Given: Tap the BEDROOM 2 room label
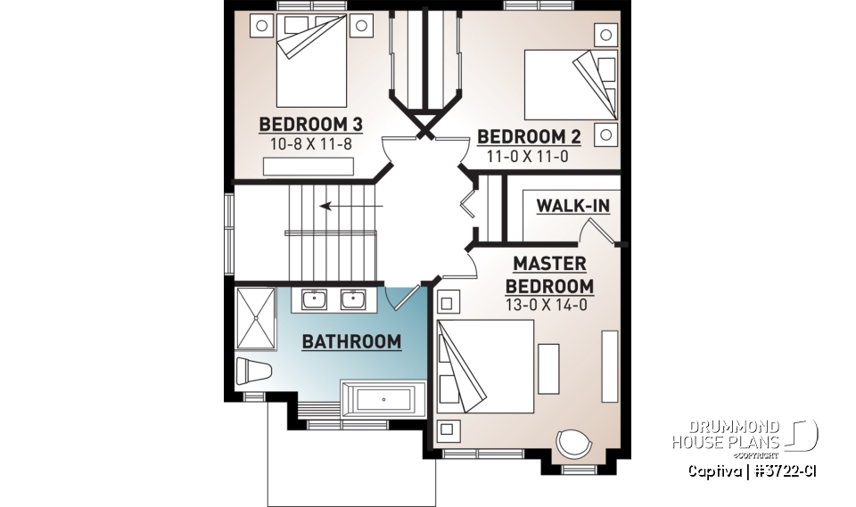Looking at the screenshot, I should [x=529, y=136].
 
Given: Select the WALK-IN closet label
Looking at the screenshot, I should [x=572, y=206].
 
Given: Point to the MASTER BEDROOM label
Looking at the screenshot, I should [x=549, y=275].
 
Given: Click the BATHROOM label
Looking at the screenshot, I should [x=350, y=341].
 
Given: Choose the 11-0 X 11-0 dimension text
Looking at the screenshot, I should [x=527, y=156].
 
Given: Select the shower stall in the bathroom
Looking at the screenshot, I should [x=257, y=318].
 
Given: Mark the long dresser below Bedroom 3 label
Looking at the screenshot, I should [x=309, y=167].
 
